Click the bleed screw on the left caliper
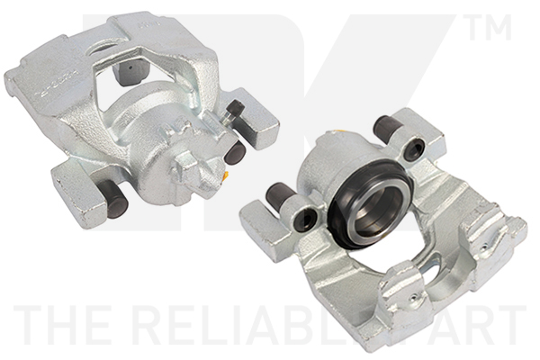click(x=236, y=112)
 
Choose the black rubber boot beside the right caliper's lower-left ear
click(x=281, y=193)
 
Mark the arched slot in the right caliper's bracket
click(x=429, y=267)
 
